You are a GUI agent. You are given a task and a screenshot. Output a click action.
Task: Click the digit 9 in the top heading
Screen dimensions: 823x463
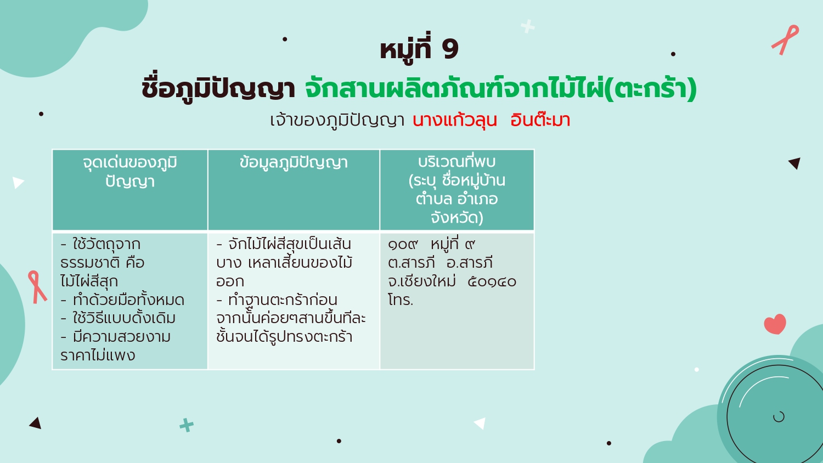point(450,49)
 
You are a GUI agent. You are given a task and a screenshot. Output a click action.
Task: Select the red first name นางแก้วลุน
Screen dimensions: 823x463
point(455,120)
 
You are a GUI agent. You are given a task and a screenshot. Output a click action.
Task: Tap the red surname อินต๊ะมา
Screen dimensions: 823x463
point(540,120)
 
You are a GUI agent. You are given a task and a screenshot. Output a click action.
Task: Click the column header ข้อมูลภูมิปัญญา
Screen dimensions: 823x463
point(294,162)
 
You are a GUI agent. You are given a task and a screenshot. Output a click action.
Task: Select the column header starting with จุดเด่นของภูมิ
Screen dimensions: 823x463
point(130,172)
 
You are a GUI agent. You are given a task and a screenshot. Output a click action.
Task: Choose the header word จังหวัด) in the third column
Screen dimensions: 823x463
point(456,218)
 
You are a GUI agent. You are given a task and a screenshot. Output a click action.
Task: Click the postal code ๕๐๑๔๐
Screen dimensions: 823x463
point(492,281)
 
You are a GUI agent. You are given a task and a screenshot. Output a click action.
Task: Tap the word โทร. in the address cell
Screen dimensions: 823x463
point(401,300)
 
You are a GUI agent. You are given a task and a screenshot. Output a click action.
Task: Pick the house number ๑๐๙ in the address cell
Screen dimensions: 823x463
point(403,244)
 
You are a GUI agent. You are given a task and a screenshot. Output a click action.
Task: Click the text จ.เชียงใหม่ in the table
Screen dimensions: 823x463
point(422,281)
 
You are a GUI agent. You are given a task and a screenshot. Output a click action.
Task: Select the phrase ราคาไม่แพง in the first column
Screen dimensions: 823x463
point(98,355)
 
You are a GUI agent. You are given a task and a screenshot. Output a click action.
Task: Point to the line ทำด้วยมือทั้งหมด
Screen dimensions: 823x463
point(128,300)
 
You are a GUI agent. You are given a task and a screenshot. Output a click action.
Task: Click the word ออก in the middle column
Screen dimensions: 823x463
point(230,281)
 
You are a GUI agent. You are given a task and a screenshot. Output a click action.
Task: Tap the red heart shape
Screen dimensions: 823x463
point(775,324)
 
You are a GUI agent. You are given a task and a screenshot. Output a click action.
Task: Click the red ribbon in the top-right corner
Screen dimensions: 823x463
point(785,39)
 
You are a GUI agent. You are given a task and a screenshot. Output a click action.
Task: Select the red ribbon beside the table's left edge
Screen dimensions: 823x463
point(37,287)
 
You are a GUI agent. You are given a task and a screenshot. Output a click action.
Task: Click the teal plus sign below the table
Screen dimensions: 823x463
point(187,425)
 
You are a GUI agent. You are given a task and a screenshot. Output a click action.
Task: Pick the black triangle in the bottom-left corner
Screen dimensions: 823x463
point(36,424)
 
